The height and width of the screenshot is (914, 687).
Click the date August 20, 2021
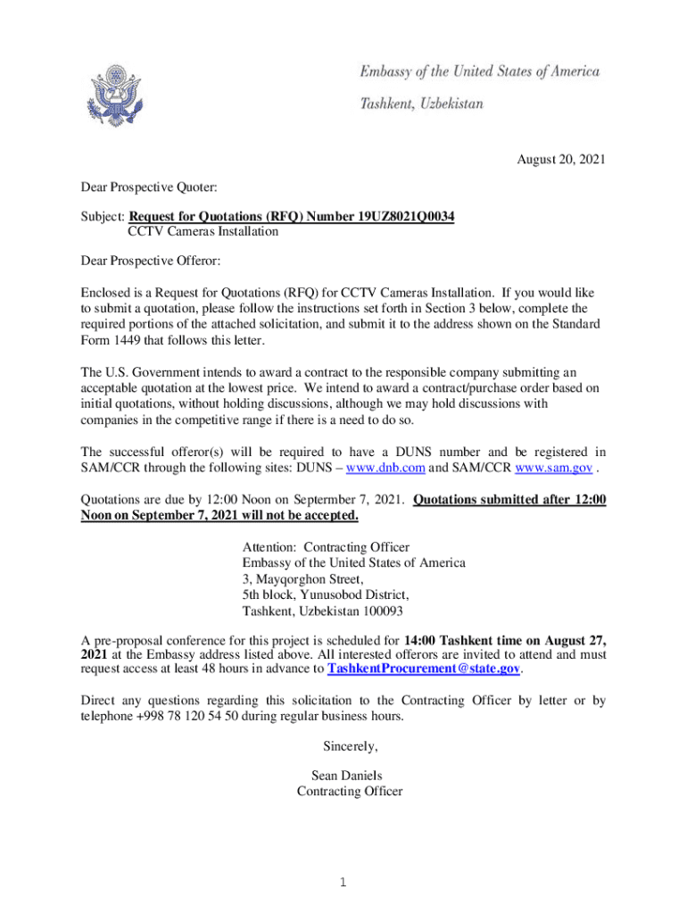coord(561,160)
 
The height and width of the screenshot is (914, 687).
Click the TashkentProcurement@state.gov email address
coord(424,669)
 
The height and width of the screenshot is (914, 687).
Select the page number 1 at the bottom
coord(343,884)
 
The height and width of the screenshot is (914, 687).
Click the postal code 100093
coord(379,611)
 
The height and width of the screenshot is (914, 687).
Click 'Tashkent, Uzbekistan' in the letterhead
coord(421,104)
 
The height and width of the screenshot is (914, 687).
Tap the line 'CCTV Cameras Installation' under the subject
coord(203,232)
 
